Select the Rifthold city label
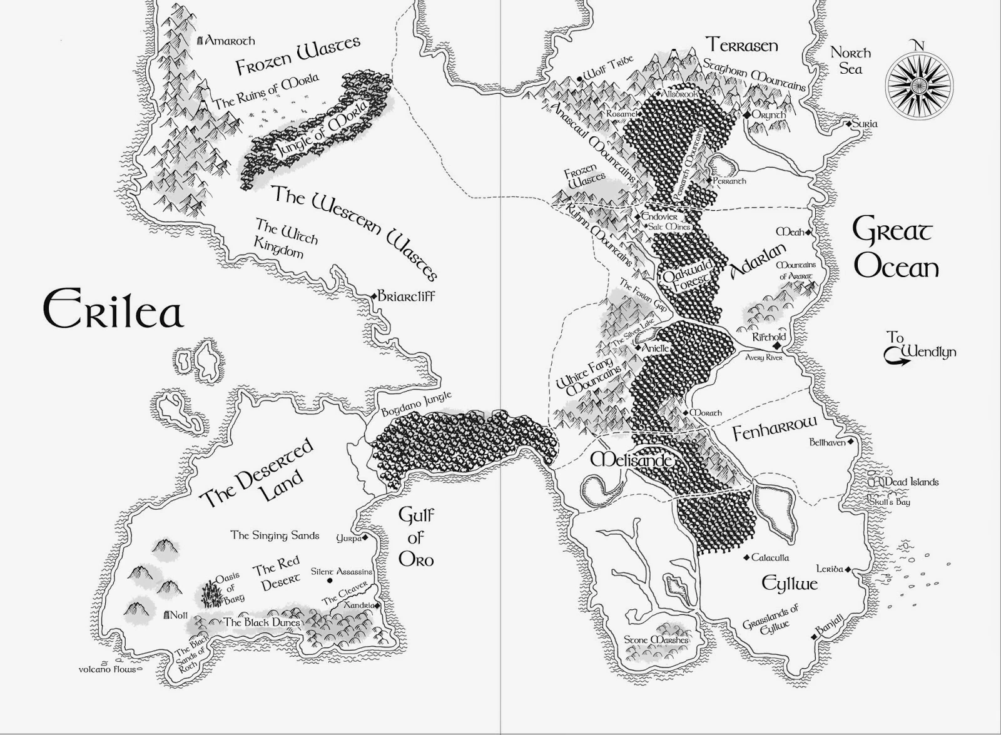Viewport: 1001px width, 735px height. pyautogui.click(x=769, y=337)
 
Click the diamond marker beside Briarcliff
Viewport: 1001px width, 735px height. pyautogui.click(x=374, y=295)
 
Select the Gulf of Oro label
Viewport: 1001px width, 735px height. pyautogui.click(x=416, y=537)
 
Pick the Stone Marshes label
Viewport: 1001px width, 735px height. pyautogui.click(x=656, y=639)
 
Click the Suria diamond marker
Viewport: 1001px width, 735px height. pyautogui.click(x=849, y=124)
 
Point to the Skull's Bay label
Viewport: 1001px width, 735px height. pyautogui.click(x=889, y=502)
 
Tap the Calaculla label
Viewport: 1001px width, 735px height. pyautogui.click(x=770, y=557)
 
